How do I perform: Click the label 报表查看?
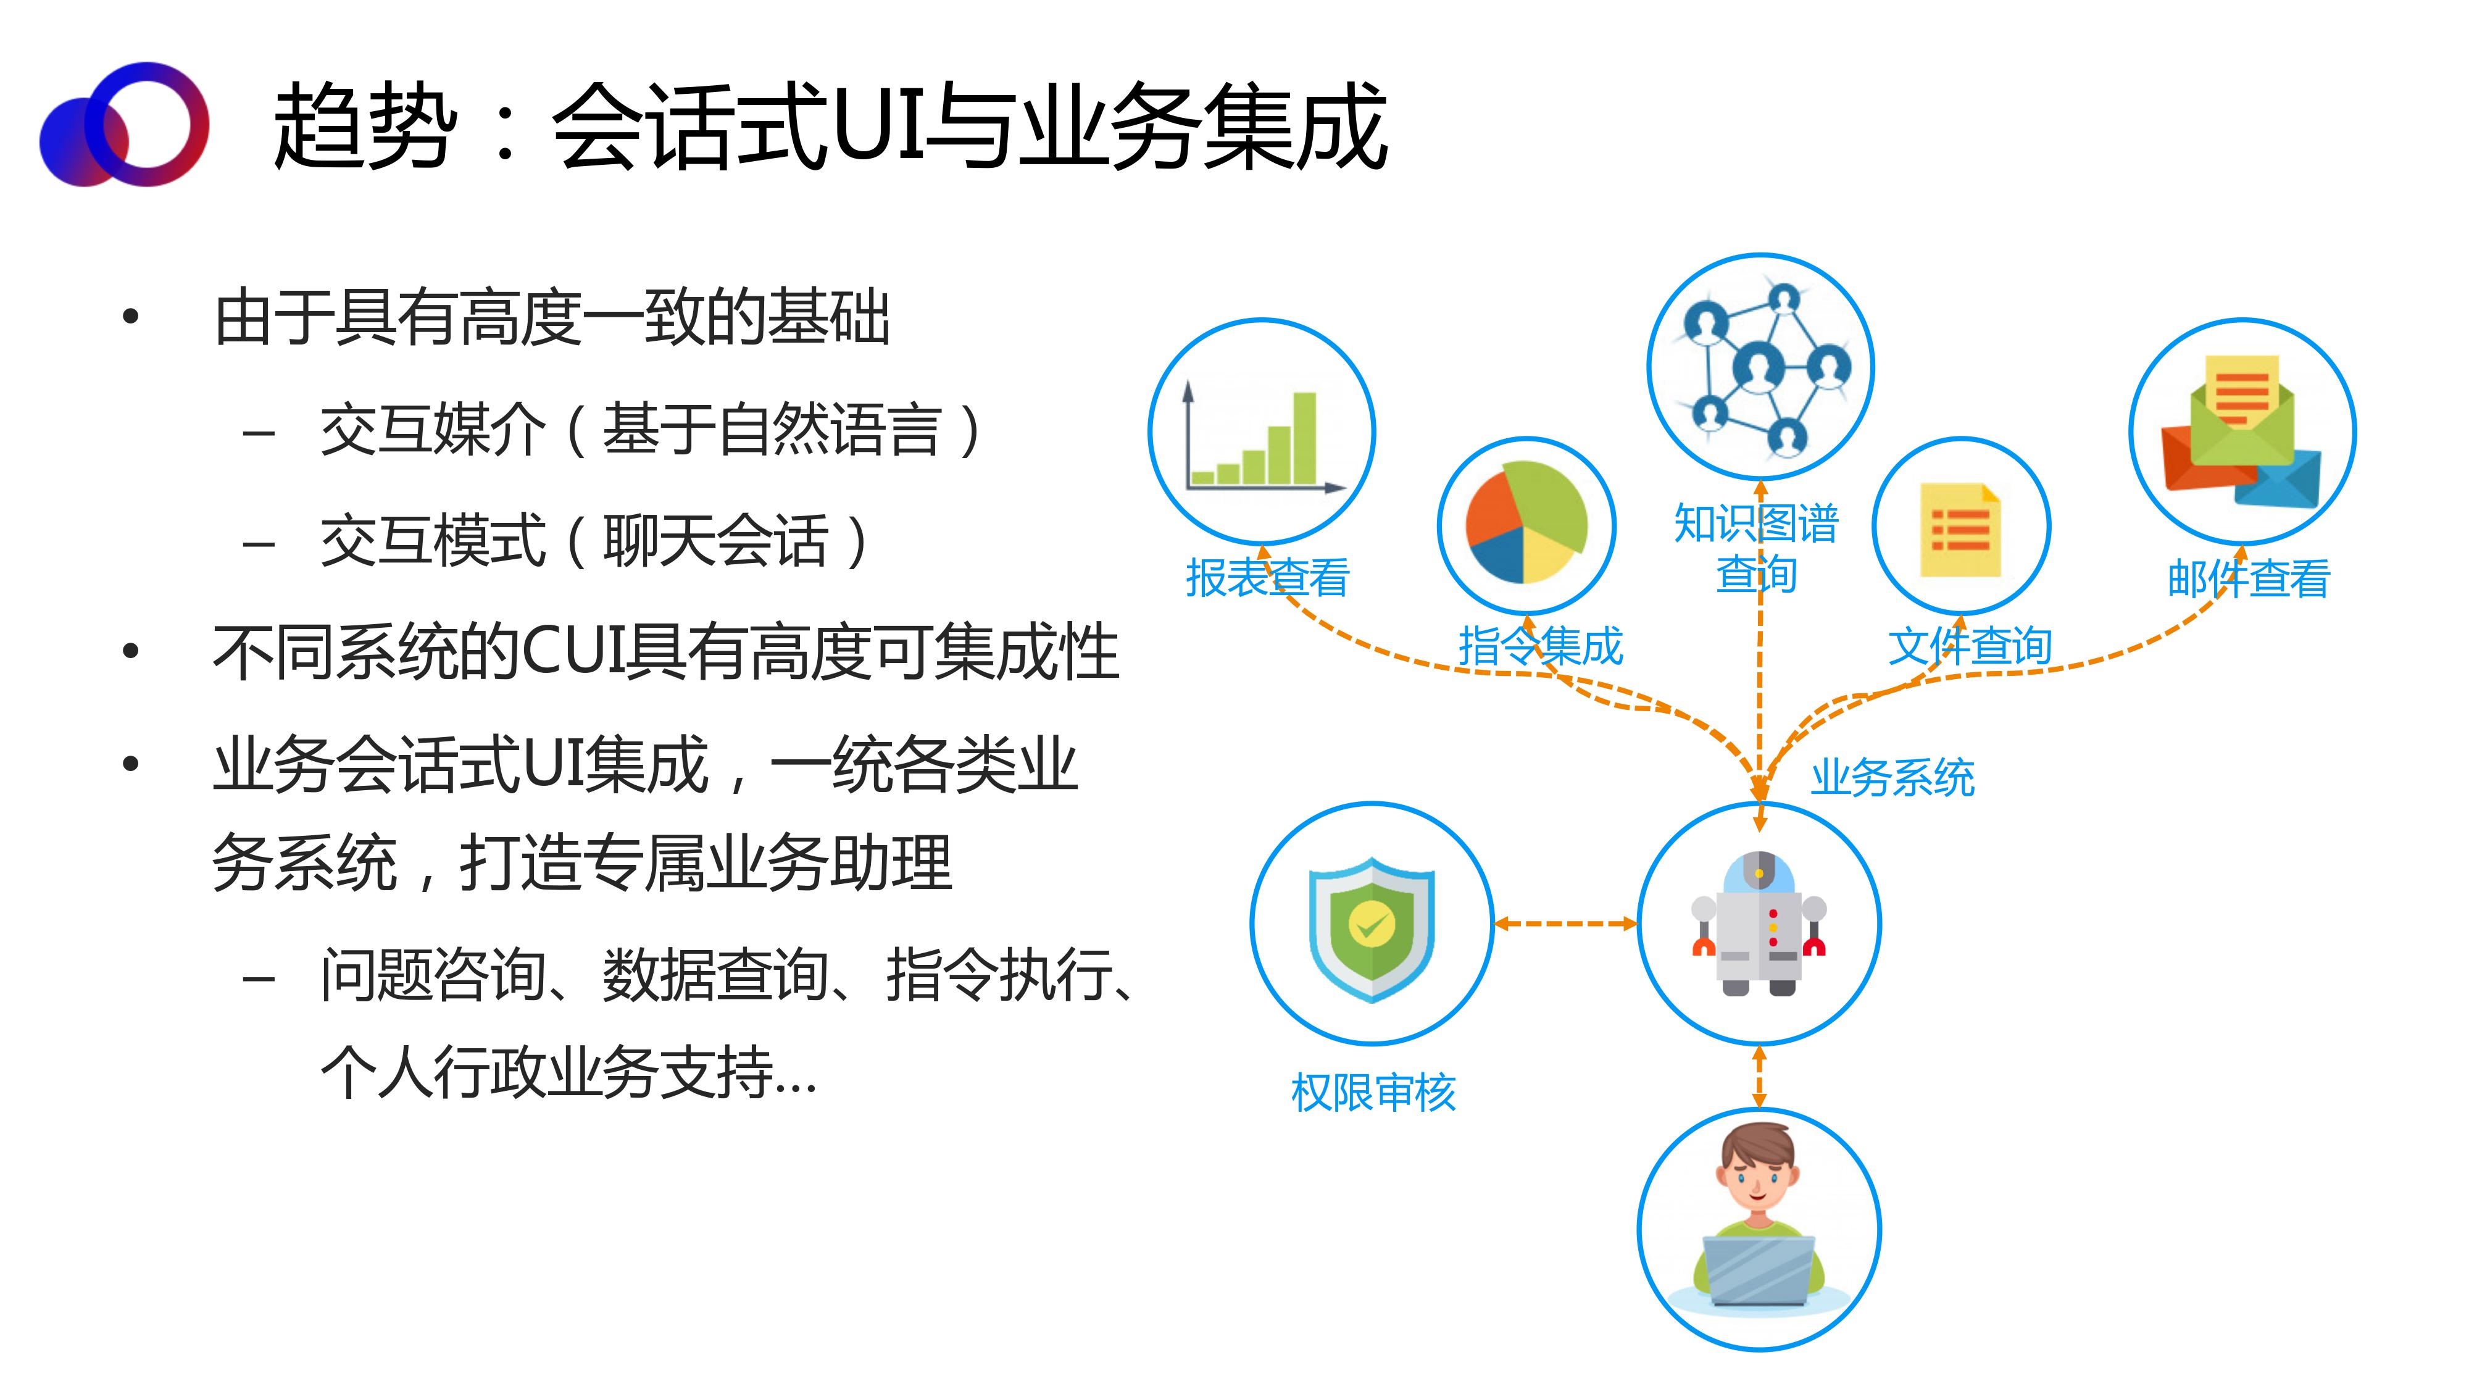[x=1267, y=578]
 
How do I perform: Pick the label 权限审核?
[x=1373, y=1093]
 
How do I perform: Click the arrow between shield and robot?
[x=1565, y=924]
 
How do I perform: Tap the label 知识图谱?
[x=1756, y=523]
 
